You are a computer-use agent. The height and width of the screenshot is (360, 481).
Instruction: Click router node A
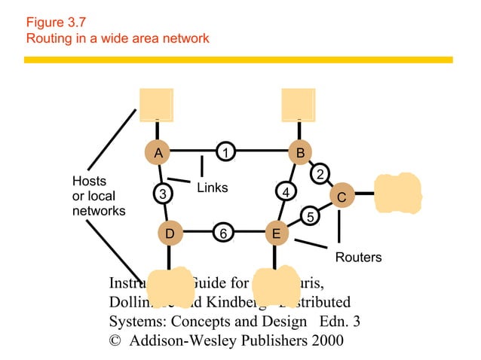(158, 153)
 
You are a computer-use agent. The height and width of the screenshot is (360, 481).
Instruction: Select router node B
(300, 153)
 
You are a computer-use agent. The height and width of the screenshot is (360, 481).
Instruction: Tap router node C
(341, 196)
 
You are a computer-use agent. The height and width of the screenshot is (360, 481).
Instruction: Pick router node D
(170, 234)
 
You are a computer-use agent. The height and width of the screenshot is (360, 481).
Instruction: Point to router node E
(276, 234)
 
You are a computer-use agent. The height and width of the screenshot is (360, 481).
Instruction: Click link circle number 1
(225, 152)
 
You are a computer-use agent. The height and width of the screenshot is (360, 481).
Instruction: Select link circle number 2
(320, 174)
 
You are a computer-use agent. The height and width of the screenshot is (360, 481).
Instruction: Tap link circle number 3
(162, 194)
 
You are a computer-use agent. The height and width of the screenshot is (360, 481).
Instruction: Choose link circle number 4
(284, 192)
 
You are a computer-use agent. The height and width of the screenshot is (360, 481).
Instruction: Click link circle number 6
(223, 233)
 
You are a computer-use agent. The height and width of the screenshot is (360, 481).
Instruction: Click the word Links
(212, 188)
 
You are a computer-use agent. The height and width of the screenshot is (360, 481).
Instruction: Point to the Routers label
(358, 258)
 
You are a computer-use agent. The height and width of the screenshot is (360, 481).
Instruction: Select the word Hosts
(89, 182)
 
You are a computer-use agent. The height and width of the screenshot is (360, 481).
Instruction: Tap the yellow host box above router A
(156, 104)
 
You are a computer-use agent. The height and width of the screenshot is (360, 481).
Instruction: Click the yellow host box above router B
(299, 104)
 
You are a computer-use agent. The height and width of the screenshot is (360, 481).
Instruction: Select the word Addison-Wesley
(183, 340)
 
